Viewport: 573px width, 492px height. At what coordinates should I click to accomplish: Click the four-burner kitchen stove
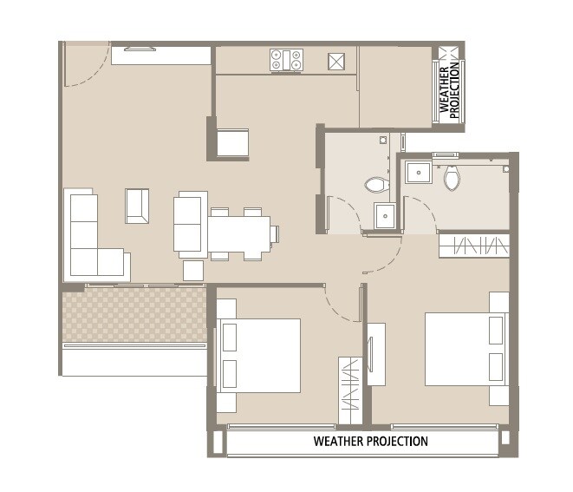[286, 60]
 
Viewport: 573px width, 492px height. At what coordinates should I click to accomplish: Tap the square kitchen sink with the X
[336, 61]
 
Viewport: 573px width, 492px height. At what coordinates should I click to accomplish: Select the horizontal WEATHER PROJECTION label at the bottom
[370, 442]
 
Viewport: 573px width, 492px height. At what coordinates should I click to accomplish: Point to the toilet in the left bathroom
[375, 184]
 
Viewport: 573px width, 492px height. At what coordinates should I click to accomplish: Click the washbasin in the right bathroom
[420, 172]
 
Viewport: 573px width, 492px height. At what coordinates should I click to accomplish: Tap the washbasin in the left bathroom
[385, 214]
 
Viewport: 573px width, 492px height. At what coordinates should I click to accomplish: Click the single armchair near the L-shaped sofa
[137, 206]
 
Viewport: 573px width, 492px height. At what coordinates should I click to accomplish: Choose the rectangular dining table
[238, 233]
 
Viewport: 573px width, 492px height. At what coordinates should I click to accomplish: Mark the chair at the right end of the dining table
[274, 233]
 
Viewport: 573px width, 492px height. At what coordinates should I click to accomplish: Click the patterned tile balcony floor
[134, 315]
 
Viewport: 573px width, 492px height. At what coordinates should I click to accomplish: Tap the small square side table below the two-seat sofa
[192, 271]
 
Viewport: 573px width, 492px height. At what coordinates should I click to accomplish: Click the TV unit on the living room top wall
[161, 55]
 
